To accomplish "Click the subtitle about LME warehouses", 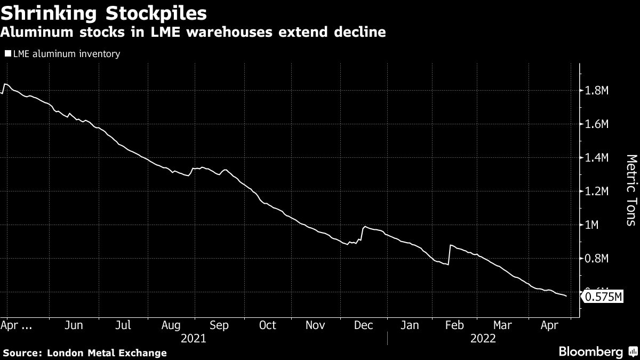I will pos(193,33).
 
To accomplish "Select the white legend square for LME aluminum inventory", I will pos(7,54).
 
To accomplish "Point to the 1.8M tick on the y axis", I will pos(597,91).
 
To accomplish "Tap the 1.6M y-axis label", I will pos(597,124).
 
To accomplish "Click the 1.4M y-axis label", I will pos(597,158).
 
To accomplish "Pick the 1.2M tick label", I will pos(597,191).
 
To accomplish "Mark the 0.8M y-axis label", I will pos(597,259).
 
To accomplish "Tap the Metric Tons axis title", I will pos(631,190).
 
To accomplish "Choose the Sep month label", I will pos(220,325).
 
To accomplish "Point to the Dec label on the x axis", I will pos(363,325).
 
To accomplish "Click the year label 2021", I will pos(194,338).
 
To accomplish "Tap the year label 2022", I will pos(483,338).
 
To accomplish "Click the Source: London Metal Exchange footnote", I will pos(85,353).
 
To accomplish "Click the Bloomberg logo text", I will pos(590,352).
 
